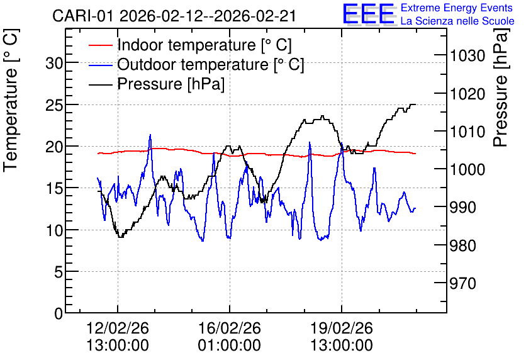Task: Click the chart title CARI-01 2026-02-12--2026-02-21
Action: [x=174, y=16]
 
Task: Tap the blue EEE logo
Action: [x=369, y=14]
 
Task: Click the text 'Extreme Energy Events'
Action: [x=457, y=8]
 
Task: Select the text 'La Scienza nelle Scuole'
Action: [x=457, y=21]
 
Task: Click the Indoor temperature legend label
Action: [x=204, y=45]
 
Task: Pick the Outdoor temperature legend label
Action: [x=211, y=64]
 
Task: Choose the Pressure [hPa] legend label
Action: [x=171, y=84]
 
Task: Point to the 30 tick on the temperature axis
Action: [x=54, y=63]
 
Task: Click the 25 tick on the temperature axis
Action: [x=54, y=104]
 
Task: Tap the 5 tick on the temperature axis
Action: [x=59, y=272]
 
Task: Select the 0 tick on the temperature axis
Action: [x=59, y=313]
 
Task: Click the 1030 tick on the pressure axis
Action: [x=467, y=55]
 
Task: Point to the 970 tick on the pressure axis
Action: [x=463, y=283]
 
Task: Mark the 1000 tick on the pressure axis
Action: [x=467, y=169]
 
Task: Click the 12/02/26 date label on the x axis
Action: [x=118, y=328]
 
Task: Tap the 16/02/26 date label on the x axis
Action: [x=230, y=328]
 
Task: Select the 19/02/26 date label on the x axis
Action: [x=342, y=328]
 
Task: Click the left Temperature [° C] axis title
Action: [x=11, y=101]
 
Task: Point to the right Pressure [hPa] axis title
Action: [x=501, y=87]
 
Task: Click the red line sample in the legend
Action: [x=100, y=45]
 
